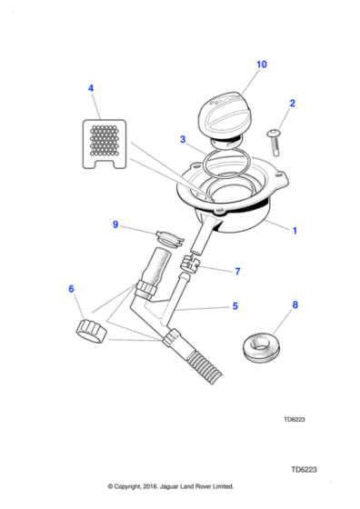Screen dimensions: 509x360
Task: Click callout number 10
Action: pyautogui.click(x=262, y=65)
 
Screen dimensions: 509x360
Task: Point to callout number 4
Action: pyautogui.click(x=90, y=88)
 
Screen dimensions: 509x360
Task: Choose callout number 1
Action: pyautogui.click(x=294, y=231)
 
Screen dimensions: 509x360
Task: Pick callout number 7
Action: pyautogui.click(x=237, y=271)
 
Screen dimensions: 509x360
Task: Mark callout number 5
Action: pyautogui.click(x=235, y=306)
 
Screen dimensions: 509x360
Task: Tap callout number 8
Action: pyautogui.click(x=294, y=307)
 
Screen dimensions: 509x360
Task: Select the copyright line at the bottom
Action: pyautogui.click(x=171, y=486)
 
